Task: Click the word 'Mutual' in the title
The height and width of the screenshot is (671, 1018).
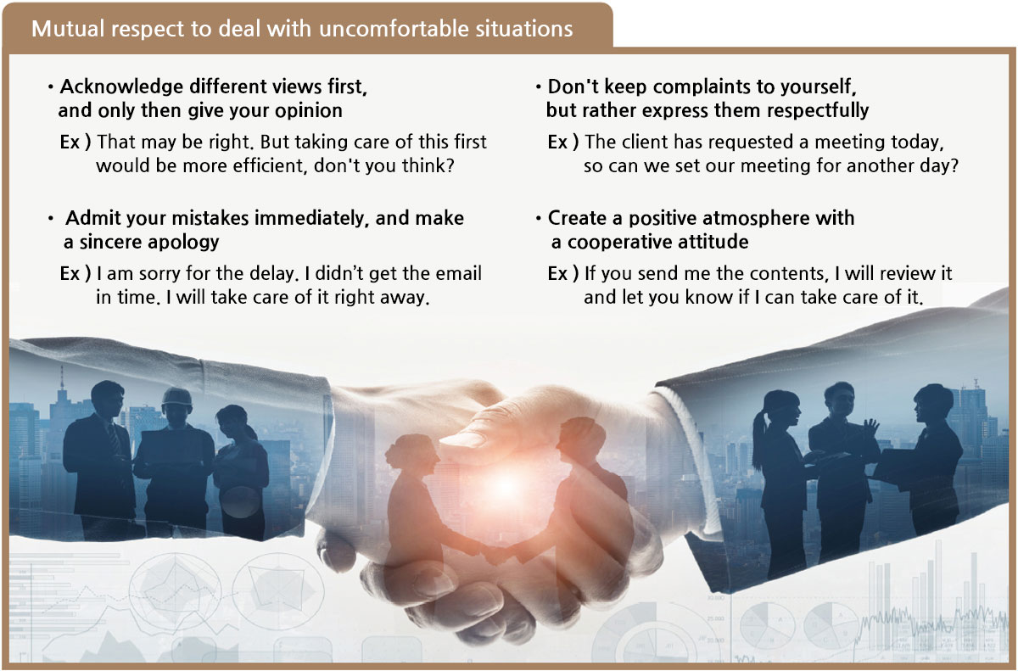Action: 68,29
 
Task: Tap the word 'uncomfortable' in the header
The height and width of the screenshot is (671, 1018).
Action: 393,29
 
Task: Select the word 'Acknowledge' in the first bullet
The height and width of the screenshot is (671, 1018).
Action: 121,87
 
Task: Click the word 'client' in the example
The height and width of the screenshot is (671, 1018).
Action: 645,142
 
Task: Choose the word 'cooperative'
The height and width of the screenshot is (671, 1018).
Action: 620,243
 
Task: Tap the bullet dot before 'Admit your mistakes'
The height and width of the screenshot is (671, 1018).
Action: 51,219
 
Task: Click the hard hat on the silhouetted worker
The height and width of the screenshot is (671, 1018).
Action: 176,398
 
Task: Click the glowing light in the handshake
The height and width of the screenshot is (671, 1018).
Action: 505,487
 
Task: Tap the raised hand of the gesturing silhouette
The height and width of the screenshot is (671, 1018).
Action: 870,427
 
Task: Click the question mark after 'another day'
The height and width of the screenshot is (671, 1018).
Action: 954,165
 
